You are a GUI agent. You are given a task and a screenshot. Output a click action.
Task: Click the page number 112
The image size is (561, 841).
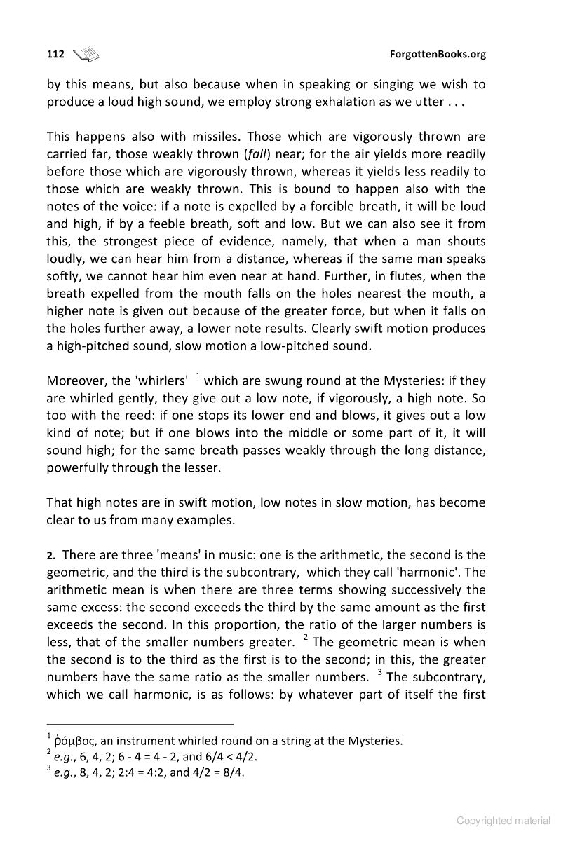click(55, 54)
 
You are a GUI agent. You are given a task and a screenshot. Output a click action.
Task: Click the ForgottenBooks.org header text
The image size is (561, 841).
click(437, 54)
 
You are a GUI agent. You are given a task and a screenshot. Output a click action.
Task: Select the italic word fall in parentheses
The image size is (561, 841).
click(253, 153)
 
